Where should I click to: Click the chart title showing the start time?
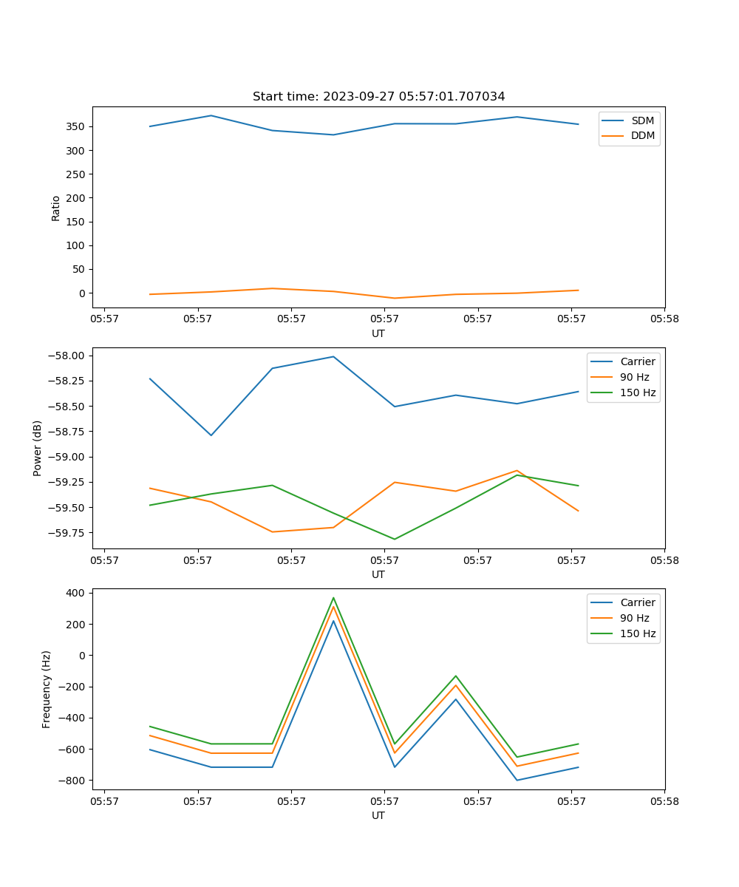point(378,97)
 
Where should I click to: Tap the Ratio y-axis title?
point(56,208)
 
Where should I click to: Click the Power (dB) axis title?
point(38,448)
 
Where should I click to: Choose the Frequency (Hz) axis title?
point(47,689)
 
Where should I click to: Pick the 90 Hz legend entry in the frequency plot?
point(635,618)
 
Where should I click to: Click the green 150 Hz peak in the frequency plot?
point(333,597)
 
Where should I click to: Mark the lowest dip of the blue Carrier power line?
point(211,435)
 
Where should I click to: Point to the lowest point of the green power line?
point(395,539)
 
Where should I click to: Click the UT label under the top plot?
point(378,333)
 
